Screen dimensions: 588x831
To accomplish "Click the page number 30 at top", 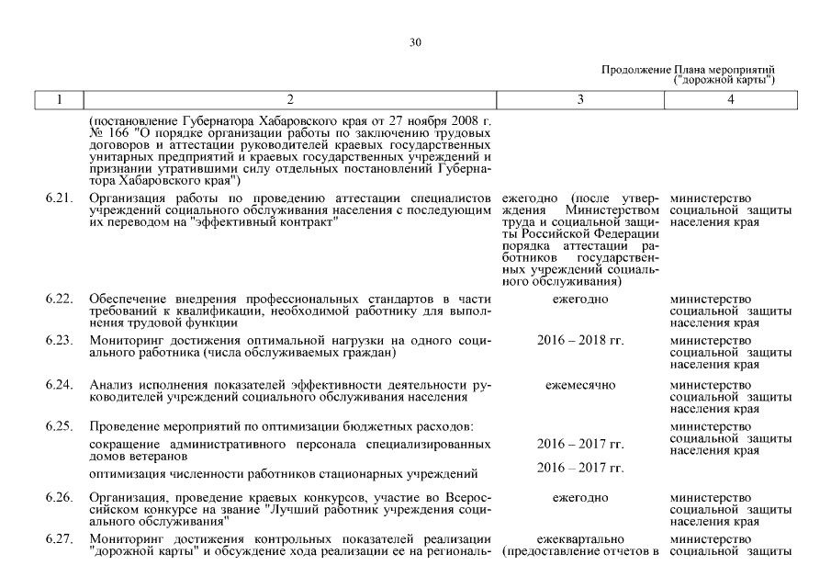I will [x=415, y=42].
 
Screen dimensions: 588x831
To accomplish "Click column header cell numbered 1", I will [x=57, y=99].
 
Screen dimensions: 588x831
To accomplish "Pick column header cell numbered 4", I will [x=731, y=99].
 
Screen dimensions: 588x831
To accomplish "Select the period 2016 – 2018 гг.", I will [x=580, y=341].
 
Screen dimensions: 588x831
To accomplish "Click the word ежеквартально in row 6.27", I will [x=580, y=538].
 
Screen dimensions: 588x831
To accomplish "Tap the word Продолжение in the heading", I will [x=636, y=70].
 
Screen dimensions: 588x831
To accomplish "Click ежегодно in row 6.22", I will [x=580, y=300].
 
